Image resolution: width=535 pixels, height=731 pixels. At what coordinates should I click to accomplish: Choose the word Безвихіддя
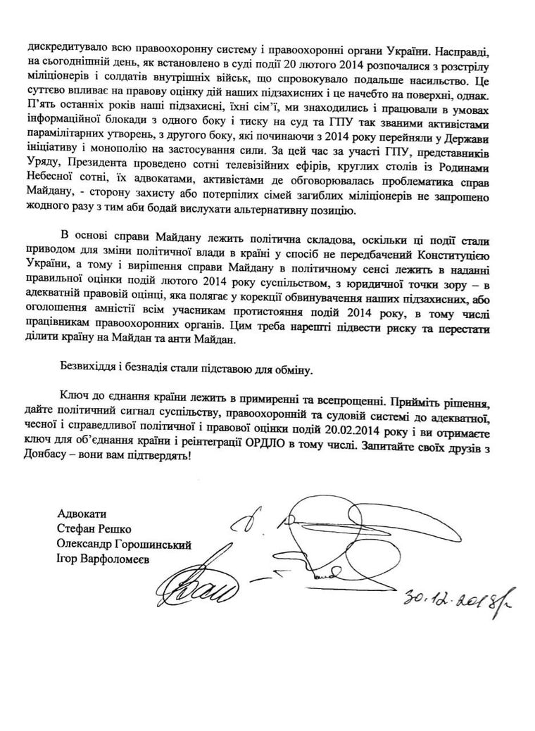(87, 369)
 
